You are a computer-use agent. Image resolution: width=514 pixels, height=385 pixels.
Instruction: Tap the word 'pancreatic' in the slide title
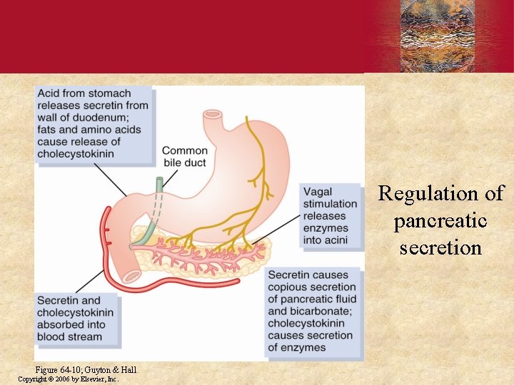tap(440, 221)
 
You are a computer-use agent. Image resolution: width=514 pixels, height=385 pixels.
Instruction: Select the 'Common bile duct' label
tap(184, 157)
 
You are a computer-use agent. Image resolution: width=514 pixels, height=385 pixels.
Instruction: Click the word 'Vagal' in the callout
tap(318, 192)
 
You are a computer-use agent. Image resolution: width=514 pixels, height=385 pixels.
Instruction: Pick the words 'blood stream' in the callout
tap(70, 337)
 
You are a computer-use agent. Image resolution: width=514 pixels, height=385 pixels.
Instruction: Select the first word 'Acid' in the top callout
tap(49, 93)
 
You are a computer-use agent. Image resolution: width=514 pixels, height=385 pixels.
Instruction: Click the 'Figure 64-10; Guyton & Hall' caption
tap(86, 369)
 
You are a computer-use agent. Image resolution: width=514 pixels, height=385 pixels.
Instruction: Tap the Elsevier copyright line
tap(68, 379)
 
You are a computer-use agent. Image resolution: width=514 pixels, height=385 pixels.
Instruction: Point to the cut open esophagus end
tap(213, 114)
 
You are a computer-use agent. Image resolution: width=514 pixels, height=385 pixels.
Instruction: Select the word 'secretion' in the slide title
tap(440, 248)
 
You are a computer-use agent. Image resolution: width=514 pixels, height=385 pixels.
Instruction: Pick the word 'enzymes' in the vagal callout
tap(325, 228)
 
